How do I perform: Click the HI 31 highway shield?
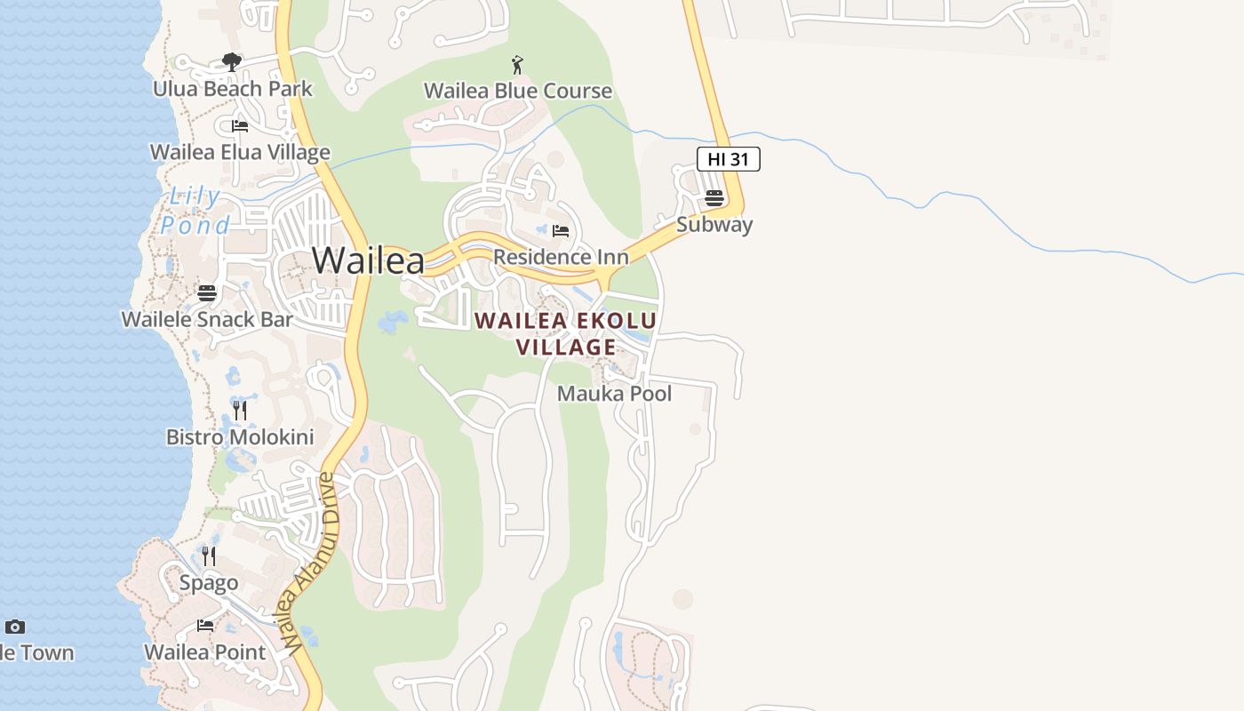(x=728, y=159)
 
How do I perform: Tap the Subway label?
(x=714, y=225)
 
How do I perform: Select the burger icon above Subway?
(x=714, y=197)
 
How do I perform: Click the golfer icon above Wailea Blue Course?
(x=517, y=65)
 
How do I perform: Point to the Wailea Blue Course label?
(x=518, y=91)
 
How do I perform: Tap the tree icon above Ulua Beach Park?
(x=232, y=62)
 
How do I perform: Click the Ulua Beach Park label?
(x=233, y=89)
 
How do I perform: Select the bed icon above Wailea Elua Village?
(x=240, y=126)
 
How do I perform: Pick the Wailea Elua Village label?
(x=240, y=152)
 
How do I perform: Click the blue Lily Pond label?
(x=196, y=211)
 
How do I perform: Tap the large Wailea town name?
(x=368, y=260)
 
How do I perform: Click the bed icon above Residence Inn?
(x=561, y=231)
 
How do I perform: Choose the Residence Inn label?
(x=561, y=258)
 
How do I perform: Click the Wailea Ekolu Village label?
(x=566, y=333)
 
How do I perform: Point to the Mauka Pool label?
(x=614, y=394)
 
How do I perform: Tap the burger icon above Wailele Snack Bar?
(x=207, y=292)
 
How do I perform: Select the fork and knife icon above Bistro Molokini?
(x=240, y=410)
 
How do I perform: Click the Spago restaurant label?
(x=209, y=583)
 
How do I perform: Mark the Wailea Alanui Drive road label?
(x=304, y=564)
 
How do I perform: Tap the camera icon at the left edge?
(x=14, y=627)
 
